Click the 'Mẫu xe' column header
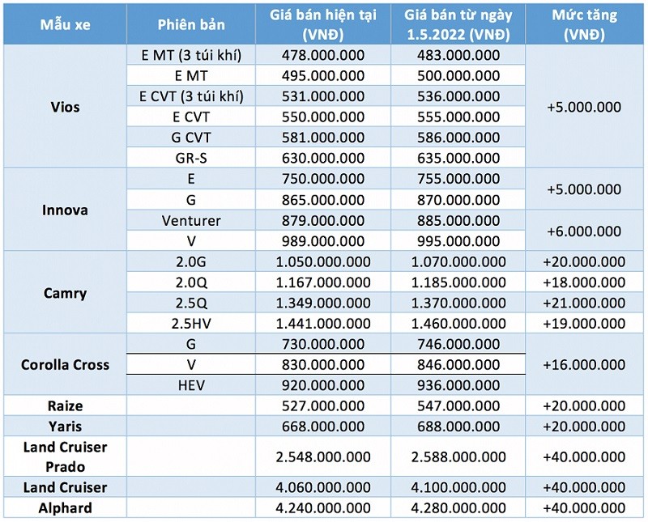click(x=65, y=24)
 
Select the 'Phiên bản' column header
click(x=191, y=24)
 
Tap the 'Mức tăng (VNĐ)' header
click(x=584, y=24)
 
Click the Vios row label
click(x=65, y=106)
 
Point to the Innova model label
click(x=65, y=210)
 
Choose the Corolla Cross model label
click(x=65, y=364)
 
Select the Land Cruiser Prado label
click(x=65, y=456)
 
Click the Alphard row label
click(x=65, y=507)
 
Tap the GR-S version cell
click(x=191, y=157)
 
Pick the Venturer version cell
click(x=191, y=220)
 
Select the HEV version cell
click(x=191, y=384)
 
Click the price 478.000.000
click(x=323, y=55)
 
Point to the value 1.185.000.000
click(x=458, y=282)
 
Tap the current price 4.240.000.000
click(x=323, y=507)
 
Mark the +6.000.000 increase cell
click(x=584, y=231)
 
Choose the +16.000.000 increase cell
click(x=584, y=364)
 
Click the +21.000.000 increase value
click(x=584, y=303)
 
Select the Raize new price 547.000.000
click(x=458, y=405)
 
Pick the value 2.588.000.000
click(x=458, y=456)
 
